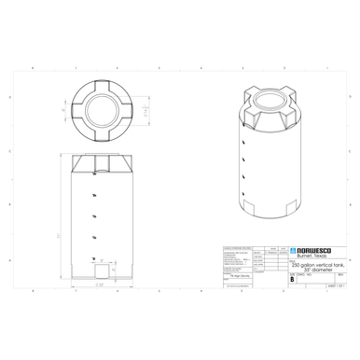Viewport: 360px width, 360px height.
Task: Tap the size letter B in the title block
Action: coord(294,278)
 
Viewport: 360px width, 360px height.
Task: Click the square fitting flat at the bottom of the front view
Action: coord(100,270)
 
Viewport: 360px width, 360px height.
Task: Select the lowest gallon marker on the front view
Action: coord(93,257)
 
